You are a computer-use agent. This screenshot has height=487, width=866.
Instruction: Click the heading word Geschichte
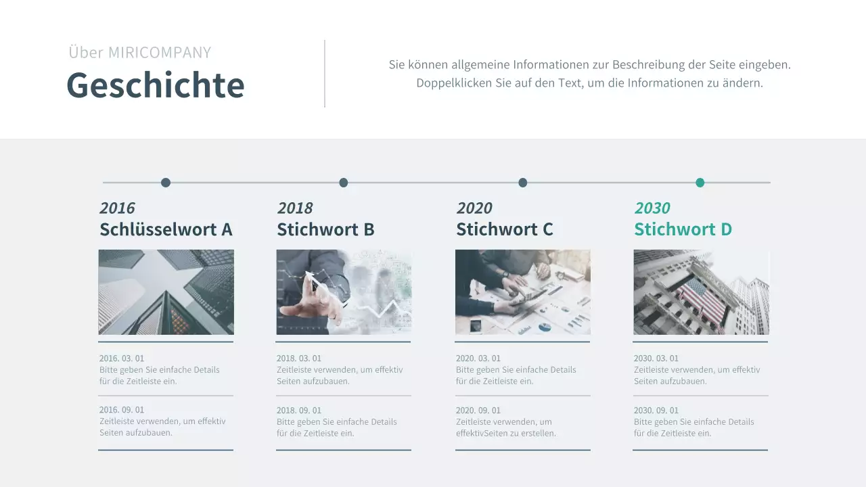click(x=155, y=85)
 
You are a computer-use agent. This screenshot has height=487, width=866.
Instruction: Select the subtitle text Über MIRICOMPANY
click(x=139, y=52)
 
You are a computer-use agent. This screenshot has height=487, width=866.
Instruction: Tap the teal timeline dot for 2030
click(x=700, y=183)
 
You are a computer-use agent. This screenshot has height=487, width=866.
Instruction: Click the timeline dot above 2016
click(x=166, y=183)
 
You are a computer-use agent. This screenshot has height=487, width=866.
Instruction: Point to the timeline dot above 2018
click(x=344, y=183)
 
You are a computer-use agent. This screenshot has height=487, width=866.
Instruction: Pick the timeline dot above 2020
click(x=523, y=183)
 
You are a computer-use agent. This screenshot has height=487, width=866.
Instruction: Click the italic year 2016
click(x=117, y=208)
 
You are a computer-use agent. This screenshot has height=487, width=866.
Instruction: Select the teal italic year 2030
click(x=652, y=208)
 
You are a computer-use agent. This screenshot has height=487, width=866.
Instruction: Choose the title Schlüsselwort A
click(x=166, y=229)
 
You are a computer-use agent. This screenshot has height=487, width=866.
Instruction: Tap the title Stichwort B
click(x=325, y=229)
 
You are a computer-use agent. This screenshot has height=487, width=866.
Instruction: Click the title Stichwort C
click(x=504, y=229)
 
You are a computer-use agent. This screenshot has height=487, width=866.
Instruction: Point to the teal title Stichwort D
click(x=683, y=229)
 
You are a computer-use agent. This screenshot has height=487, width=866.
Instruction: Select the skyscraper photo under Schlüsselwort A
click(x=166, y=292)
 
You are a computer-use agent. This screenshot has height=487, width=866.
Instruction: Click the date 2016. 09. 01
click(x=122, y=410)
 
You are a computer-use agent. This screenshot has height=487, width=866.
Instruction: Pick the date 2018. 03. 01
click(x=299, y=358)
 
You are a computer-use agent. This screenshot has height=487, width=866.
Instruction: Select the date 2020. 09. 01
click(x=478, y=411)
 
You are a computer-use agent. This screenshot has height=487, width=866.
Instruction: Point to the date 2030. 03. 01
click(x=656, y=358)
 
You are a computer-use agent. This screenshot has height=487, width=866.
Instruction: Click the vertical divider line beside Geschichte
click(x=325, y=73)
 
